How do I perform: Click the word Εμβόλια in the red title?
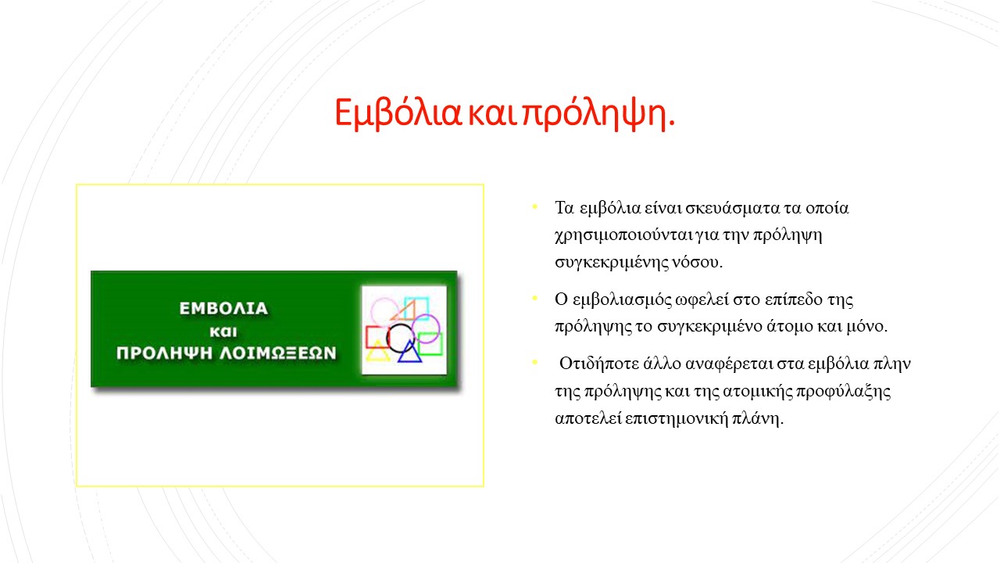398,113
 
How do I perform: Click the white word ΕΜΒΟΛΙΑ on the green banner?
223,308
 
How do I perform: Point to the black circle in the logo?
387,339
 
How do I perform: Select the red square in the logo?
367,337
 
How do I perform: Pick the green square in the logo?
441,344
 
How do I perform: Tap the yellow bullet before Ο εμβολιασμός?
535,298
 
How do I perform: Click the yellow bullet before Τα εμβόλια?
535,206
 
